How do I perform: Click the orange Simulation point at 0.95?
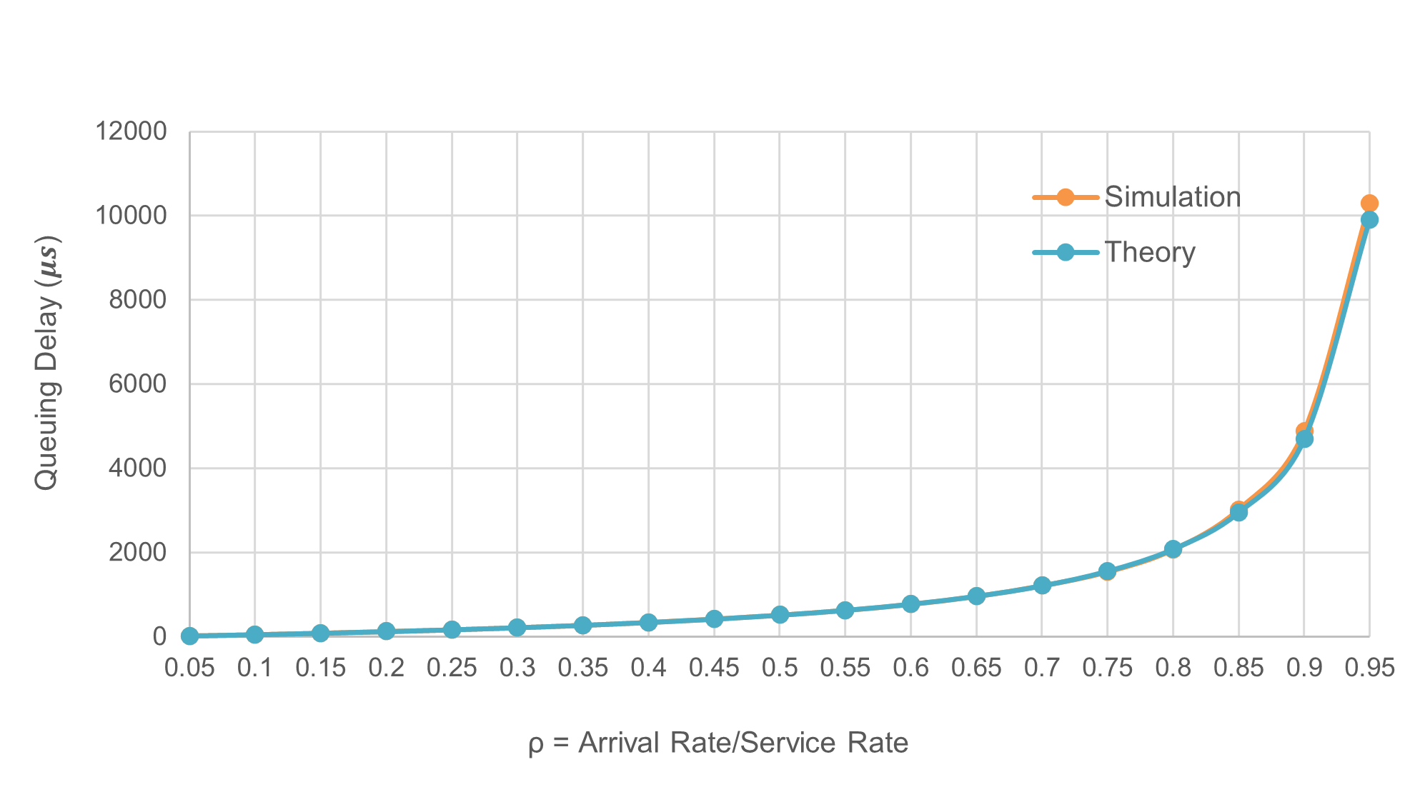(x=1369, y=204)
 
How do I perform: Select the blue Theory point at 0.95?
(x=1369, y=220)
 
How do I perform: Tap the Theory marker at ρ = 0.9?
(x=1304, y=438)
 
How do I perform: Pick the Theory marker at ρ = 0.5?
(x=780, y=615)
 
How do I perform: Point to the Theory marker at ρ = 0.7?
(x=1042, y=586)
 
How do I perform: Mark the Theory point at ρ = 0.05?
(x=189, y=636)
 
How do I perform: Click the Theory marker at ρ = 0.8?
(x=1173, y=549)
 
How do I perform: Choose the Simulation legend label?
(x=1172, y=197)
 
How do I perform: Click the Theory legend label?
(x=1149, y=253)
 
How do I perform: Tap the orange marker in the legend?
(x=1065, y=197)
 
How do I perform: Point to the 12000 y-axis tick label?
(x=131, y=131)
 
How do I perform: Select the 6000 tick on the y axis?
(x=137, y=384)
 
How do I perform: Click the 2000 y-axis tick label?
(x=137, y=552)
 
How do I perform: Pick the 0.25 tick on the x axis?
(x=452, y=668)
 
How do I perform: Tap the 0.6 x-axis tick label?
(x=910, y=668)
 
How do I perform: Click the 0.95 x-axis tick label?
(x=1369, y=668)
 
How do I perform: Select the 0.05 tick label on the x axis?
(x=189, y=668)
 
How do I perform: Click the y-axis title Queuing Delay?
(x=47, y=363)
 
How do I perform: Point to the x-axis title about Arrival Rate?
(x=718, y=743)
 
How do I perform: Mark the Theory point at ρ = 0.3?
(x=517, y=628)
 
